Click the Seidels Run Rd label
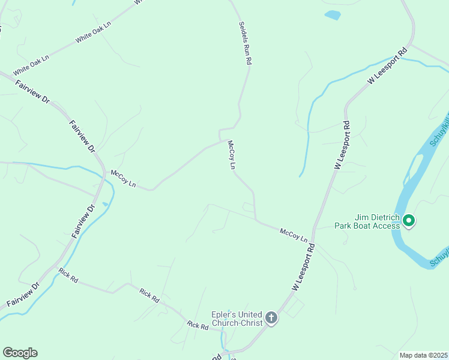pos(245,43)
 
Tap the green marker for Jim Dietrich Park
pos(409,221)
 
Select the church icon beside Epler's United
pos(271,317)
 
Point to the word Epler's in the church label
pos(223,314)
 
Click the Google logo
pos(20,353)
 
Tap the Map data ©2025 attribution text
pos(424,355)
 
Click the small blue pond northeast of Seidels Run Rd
pos(332,16)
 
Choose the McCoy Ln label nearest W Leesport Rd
pos(294,234)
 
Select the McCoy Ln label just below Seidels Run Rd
pos(231,155)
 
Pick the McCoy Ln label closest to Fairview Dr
pos(124,179)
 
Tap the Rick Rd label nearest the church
pos(197,325)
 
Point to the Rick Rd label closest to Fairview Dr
pos(68,276)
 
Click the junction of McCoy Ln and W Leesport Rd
pos(313,243)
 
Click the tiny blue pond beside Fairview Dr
pos(106,204)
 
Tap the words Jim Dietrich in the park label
pos(360,218)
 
